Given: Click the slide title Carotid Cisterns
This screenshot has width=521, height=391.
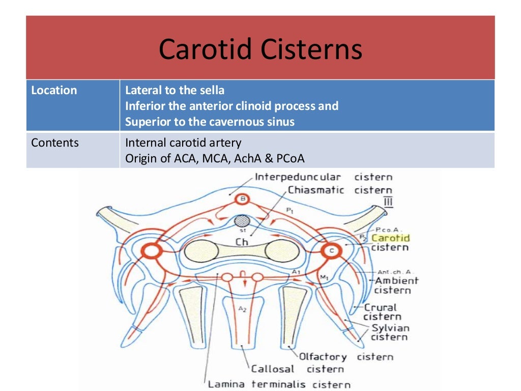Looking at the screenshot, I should click(260, 50).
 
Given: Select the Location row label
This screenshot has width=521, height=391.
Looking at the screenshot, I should click(54, 91).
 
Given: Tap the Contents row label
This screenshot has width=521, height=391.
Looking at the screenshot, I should click(55, 143).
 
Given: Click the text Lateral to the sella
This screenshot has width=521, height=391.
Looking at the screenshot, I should click(175, 91).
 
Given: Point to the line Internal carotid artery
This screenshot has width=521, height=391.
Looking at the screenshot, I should click(183, 143).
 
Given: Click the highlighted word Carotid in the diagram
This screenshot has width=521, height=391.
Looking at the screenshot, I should click(390, 237).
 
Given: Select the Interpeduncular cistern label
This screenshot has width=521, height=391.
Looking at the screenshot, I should click(323, 177).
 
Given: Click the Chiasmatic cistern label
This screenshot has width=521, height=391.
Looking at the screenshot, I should click(340, 190).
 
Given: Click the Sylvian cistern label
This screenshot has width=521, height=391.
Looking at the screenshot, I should click(390, 332).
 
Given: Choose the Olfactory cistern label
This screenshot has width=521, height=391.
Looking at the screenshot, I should click(345, 357).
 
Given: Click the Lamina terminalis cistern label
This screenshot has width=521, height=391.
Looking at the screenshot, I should click(279, 384).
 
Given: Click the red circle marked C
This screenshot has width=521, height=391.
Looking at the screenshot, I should click(332, 250).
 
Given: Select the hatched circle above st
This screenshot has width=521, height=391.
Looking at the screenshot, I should click(243, 221).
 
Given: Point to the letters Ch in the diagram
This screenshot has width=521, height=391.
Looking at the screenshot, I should click(242, 242).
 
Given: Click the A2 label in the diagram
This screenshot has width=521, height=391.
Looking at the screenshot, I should click(242, 309).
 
